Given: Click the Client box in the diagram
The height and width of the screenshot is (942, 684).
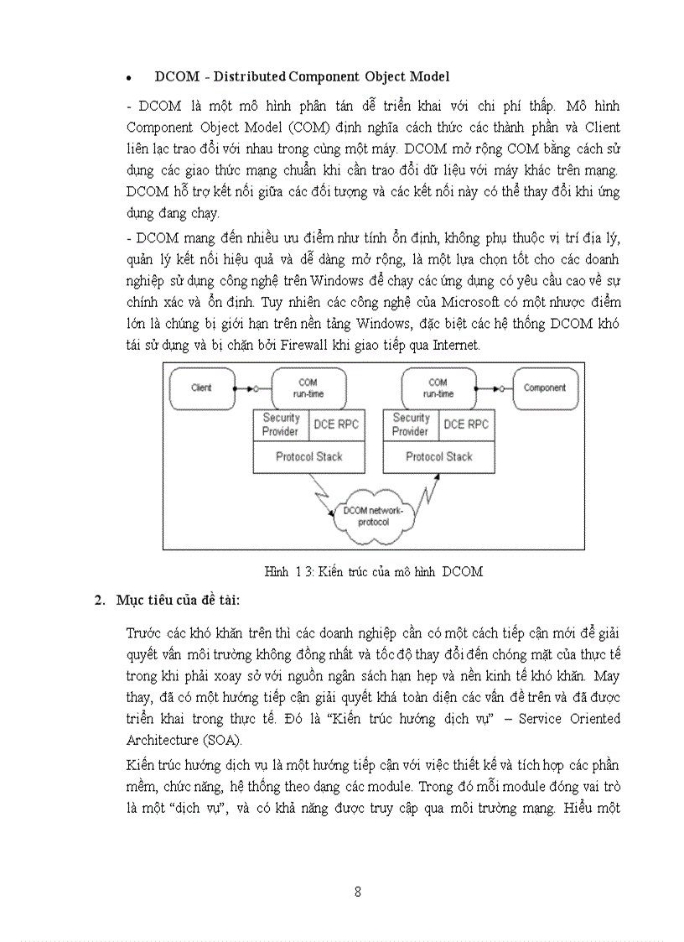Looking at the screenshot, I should (202, 388).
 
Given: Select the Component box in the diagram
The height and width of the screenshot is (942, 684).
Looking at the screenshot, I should (545, 388).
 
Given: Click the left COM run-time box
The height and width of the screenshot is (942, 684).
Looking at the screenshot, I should (308, 388).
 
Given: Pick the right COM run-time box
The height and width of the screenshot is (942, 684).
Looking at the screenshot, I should (438, 388).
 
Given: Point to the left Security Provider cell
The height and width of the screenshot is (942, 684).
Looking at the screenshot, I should (281, 424).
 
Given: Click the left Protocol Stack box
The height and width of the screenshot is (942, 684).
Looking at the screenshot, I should (308, 457).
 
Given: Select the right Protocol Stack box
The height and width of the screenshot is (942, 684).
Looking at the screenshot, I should (438, 457).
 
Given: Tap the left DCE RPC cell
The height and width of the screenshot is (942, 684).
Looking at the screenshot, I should (335, 424).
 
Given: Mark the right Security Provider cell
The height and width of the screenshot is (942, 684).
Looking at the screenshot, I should (411, 424).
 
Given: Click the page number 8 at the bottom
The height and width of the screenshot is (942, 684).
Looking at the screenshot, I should (358, 892).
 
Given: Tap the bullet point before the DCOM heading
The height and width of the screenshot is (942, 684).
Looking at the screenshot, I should (129, 78).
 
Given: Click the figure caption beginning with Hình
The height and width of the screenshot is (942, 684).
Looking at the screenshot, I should (373, 572).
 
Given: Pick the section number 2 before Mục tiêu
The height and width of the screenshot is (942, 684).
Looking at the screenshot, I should (99, 600).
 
